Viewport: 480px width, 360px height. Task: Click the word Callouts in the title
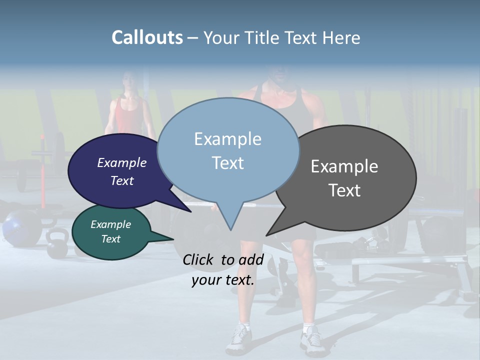point(147,37)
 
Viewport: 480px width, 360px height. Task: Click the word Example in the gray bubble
point(344,166)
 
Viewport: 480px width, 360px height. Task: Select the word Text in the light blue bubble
point(227,163)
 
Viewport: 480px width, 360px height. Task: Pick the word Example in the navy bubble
point(122,163)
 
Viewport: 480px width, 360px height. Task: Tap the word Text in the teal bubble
point(111,239)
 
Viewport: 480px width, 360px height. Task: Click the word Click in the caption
point(198,259)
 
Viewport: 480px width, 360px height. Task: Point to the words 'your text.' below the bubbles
point(223,280)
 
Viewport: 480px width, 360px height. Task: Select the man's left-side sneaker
point(238,338)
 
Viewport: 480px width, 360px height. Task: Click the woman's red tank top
point(128,117)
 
